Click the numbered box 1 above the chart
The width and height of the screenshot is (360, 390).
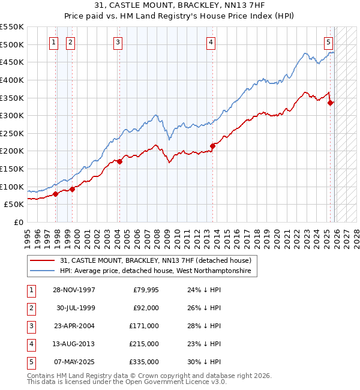pos(54,42)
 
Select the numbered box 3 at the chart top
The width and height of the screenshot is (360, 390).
pos(118,42)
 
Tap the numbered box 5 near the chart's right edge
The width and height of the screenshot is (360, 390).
pos(329,42)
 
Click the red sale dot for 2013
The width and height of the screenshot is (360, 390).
pos(212,146)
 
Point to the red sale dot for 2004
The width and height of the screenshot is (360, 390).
pos(119,161)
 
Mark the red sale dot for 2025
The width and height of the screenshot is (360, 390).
pos(330,103)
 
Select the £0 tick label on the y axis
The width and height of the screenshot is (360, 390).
pos(18,223)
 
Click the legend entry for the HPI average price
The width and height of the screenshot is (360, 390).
pos(157,271)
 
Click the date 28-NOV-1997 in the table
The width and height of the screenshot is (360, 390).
pos(74,290)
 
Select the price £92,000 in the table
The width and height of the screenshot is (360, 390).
pos(146,308)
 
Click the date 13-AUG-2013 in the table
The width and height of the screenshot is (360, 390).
pos(74,344)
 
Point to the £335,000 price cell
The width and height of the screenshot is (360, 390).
pos(144,362)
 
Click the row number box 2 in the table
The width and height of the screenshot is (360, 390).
pos(31,308)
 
